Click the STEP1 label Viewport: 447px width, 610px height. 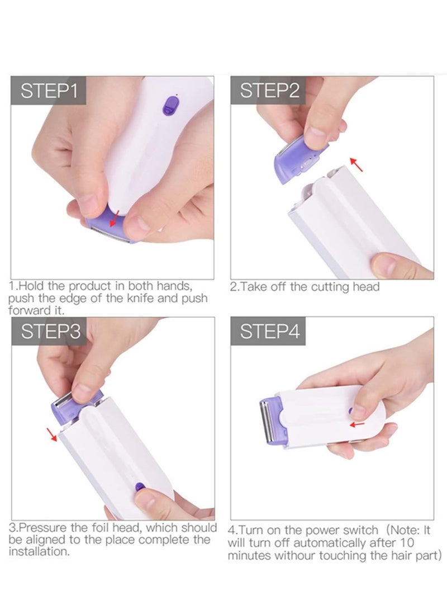click(49, 91)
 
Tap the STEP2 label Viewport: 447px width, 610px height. click(269, 91)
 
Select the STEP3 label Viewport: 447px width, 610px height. click(49, 332)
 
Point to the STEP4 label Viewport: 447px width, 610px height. click(269, 332)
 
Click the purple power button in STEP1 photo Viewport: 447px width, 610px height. click(170, 104)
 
